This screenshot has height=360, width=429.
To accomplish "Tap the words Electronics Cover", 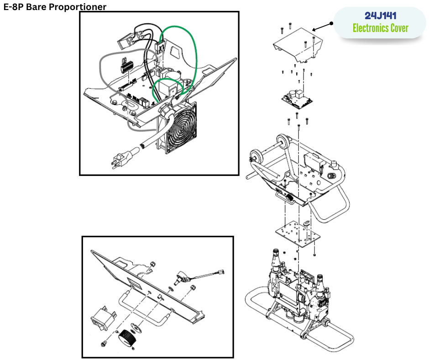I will coord(380,28).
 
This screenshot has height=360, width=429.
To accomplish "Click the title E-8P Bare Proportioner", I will coord(55,7).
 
